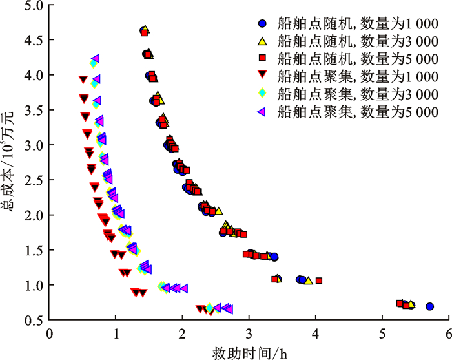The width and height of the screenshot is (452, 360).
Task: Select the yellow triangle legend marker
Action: tap(262, 41)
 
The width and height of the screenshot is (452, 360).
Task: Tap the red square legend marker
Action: tap(262, 59)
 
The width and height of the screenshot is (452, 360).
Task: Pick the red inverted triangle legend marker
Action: tap(262, 76)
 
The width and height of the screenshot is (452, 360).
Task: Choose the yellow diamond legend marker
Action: tap(262, 94)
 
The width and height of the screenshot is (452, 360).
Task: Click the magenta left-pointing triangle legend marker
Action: tap(262, 111)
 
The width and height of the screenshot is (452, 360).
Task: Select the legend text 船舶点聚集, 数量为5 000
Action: tap(357, 111)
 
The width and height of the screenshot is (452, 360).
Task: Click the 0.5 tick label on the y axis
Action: tap(35, 320)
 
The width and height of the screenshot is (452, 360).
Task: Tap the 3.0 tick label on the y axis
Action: tap(35, 145)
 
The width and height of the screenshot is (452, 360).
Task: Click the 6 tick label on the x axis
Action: tap(448, 334)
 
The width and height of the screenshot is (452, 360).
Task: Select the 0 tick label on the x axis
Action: tap(49, 334)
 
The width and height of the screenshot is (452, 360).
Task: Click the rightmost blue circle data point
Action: tap(429, 307)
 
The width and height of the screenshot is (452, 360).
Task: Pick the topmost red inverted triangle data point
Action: tap(82, 79)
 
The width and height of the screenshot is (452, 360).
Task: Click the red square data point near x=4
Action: tap(318, 281)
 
